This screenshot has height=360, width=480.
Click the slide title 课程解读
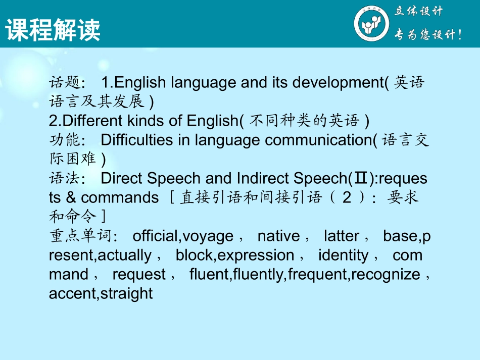coord(53,30)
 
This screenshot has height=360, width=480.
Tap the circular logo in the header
coord(371,24)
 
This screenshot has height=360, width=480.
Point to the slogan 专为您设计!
coord(427,35)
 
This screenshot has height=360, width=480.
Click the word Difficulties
coord(137,140)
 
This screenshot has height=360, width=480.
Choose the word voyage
coord(208,236)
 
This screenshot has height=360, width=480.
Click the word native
coord(278,236)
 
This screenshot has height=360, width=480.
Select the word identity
coord(344,255)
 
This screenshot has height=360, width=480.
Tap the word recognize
coord(387,274)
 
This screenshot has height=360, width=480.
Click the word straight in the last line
coord(127,293)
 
